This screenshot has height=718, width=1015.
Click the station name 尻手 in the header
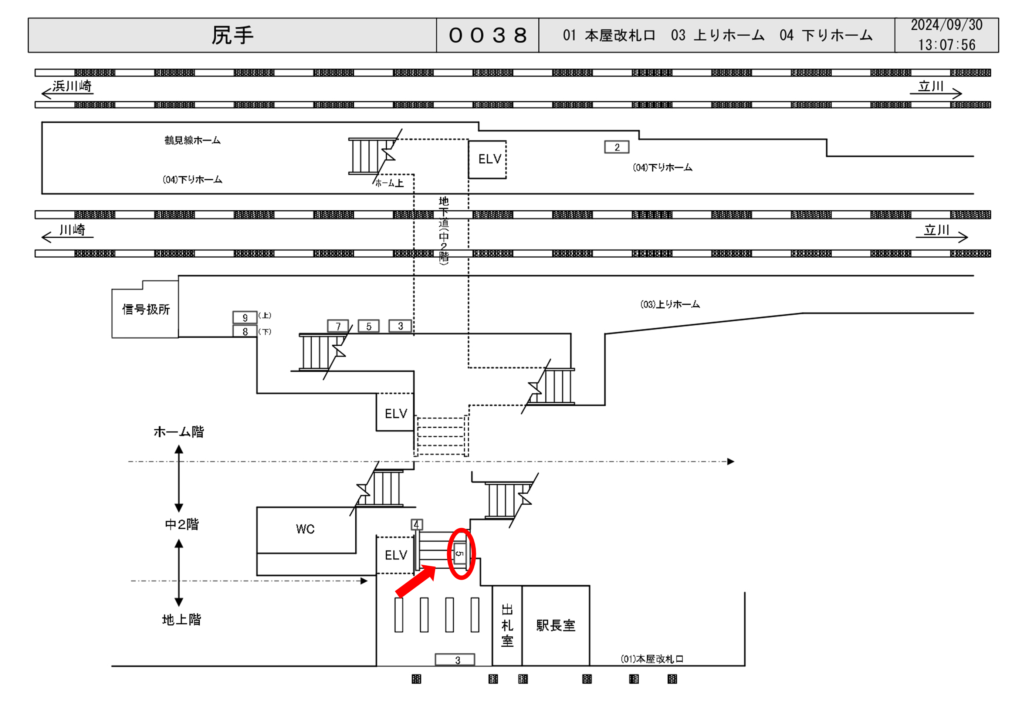click(x=232, y=35)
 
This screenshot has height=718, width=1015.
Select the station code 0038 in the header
click(x=488, y=35)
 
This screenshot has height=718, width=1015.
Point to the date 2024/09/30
click(x=947, y=25)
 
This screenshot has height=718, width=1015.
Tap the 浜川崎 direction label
click(x=72, y=86)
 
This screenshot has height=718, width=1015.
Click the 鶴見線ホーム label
click(x=192, y=140)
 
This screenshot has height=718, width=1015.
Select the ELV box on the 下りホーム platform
click(x=487, y=159)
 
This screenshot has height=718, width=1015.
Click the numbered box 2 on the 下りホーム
click(x=617, y=147)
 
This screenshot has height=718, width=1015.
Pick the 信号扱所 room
click(x=145, y=309)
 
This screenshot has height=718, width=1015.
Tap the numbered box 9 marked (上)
click(x=245, y=318)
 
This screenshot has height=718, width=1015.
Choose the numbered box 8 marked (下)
click(x=245, y=332)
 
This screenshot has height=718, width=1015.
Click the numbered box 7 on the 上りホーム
click(x=338, y=326)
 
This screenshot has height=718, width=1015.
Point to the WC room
click(x=305, y=529)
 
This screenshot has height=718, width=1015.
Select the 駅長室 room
click(x=556, y=626)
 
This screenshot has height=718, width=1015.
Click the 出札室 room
click(x=507, y=626)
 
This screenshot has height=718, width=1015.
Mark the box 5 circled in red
click(x=460, y=553)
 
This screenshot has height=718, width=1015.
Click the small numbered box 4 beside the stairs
click(x=416, y=525)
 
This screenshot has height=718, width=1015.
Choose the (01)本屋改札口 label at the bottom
click(x=652, y=659)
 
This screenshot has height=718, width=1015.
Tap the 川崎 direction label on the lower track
click(x=72, y=230)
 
